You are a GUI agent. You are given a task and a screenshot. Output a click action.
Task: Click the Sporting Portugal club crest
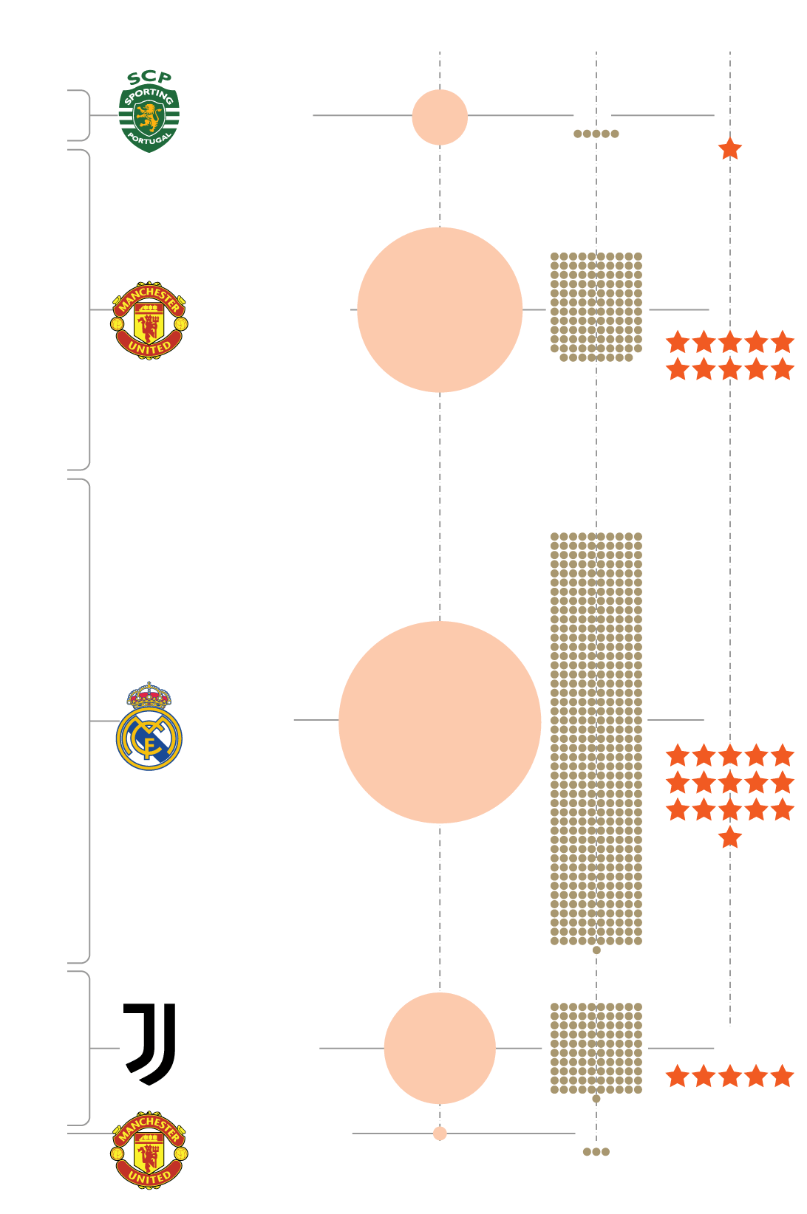[149, 118]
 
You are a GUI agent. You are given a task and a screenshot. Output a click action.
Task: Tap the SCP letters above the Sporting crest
[149, 78]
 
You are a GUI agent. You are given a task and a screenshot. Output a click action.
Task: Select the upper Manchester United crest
[149, 320]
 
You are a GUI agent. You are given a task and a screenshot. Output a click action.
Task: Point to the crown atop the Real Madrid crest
[149, 695]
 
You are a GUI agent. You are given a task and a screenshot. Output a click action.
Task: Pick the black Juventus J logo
[151, 1043]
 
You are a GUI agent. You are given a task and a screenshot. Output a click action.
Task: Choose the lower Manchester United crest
[149, 1150]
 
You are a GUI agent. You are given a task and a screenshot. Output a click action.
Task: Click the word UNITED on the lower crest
[149, 1176]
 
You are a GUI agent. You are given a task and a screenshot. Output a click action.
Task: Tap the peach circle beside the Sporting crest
[440, 117]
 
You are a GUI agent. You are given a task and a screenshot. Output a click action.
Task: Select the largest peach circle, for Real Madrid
[440, 721]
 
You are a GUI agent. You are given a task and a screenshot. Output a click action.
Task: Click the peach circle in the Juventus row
[440, 1048]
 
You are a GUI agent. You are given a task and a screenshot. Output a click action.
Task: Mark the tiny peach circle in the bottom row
[440, 1134]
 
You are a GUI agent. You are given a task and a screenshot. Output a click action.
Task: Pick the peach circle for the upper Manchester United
[440, 309]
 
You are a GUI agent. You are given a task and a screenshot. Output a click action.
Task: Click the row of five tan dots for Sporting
[596, 134]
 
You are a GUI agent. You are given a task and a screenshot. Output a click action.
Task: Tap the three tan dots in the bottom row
[596, 1151]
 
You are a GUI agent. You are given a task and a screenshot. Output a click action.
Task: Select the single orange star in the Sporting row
[730, 148]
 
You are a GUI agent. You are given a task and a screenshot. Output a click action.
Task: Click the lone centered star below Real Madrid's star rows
[730, 837]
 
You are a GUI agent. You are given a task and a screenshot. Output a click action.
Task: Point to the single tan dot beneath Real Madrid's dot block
[596, 950]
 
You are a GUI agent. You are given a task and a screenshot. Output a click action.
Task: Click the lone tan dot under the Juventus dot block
[596, 1099]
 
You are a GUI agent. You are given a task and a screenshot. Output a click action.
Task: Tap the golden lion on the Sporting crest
[149, 116]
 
